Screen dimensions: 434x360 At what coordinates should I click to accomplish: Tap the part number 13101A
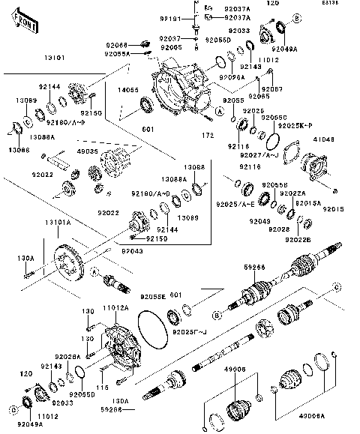(x=56, y=223)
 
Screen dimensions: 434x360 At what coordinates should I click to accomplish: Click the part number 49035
(x=89, y=151)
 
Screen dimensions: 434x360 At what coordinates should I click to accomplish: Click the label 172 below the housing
(x=198, y=136)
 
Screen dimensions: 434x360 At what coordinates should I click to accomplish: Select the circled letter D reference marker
(x=13, y=410)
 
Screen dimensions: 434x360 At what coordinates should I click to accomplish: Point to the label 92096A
(x=232, y=77)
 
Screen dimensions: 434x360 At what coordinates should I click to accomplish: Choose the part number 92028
(x=278, y=229)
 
